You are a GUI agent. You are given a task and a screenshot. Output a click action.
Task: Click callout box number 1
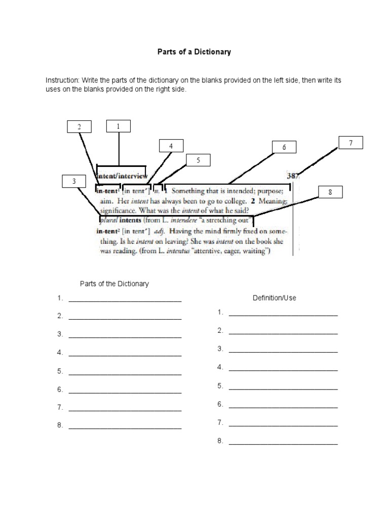coord(118,126)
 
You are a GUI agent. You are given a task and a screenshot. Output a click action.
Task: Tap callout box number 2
coord(79,127)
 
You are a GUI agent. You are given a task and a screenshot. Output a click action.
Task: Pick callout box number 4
coord(171,146)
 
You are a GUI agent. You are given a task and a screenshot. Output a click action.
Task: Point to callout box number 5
coord(198,161)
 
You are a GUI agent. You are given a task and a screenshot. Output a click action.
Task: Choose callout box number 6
coord(284,147)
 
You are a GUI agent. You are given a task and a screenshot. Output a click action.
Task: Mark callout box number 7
coord(351,143)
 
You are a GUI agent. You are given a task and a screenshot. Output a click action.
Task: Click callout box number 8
coord(330,192)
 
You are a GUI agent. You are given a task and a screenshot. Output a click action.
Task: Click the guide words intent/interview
coord(122,177)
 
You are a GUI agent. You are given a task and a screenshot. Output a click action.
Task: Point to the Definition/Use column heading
coord(274,298)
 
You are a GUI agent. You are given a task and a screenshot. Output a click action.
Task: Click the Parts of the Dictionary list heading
coord(114,284)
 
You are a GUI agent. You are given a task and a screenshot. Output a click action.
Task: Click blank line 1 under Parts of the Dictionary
coord(125,299)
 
